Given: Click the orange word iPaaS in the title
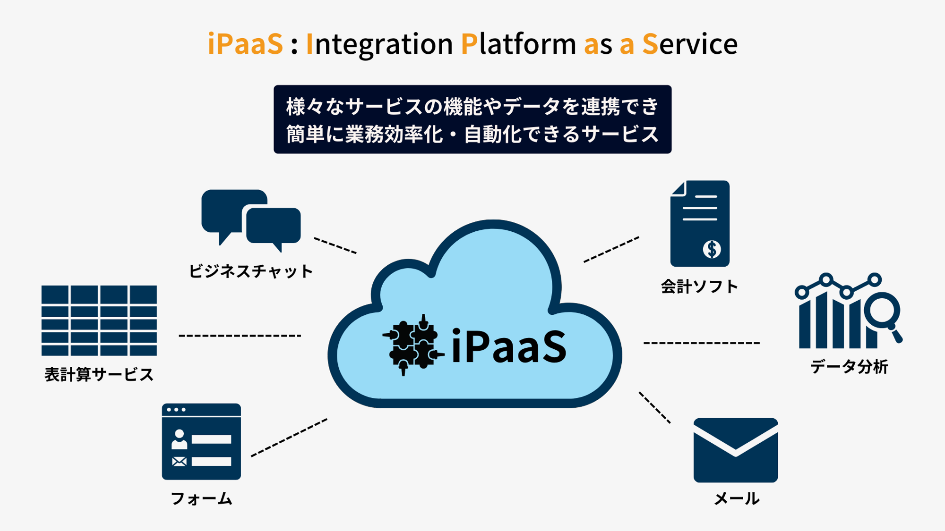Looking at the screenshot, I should click(245, 44).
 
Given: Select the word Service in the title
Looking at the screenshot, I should click(690, 44).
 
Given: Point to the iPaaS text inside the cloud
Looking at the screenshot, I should click(508, 347).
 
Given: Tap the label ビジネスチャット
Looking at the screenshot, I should click(250, 271).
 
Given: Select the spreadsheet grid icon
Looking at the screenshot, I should click(99, 320).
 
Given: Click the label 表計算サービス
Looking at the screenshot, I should click(99, 375).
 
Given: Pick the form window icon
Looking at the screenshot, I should click(201, 441).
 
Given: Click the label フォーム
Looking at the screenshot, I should click(201, 499).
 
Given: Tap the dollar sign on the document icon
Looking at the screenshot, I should click(712, 249).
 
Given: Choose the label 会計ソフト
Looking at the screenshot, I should click(699, 287).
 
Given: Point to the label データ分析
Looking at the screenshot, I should click(849, 367).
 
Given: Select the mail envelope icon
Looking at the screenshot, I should click(735, 450).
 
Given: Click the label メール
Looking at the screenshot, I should click(736, 499).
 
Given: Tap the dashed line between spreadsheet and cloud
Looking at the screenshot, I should click(240, 336).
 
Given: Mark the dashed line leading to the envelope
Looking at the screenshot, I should click(654, 407).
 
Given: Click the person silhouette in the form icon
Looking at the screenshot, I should click(179, 439).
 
